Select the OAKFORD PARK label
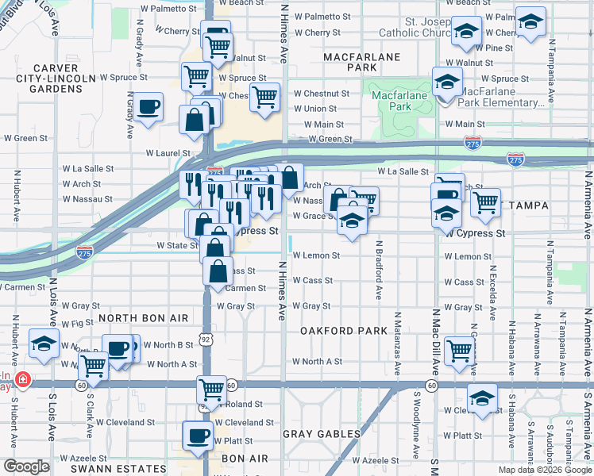coord(336,330)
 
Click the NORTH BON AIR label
coord(144,318)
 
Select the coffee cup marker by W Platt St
coord(198,434)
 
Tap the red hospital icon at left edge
coord(24,379)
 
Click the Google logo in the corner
coord(26,466)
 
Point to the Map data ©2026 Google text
coord(544,470)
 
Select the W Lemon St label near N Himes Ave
coord(316,255)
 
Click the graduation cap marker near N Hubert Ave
coord(44,343)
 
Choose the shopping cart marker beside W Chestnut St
coord(265,96)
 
